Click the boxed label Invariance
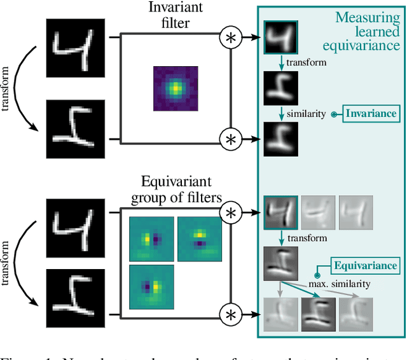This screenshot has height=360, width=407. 371,114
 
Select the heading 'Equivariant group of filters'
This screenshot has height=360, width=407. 176,190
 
